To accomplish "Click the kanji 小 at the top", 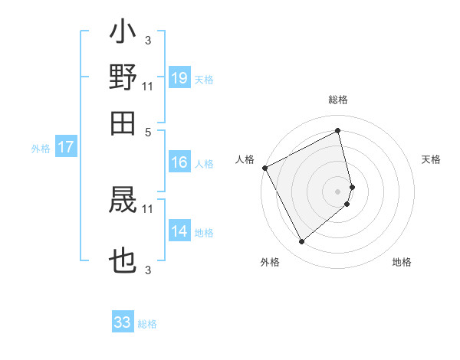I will (x=123, y=34).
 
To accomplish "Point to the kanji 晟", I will (x=123, y=200).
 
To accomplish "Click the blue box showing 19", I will (x=179, y=77).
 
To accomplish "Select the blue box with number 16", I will (x=179, y=162).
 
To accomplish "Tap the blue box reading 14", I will (x=179, y=232).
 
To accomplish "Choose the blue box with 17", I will (x=66, y=147).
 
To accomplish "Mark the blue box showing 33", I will (x=123, y=322).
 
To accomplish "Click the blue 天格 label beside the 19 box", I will (x=204, y=79).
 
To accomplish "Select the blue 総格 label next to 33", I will (x=147, y=324).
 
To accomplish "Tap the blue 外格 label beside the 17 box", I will (x=41, y=149).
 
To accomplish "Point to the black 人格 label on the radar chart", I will (x=245, y=159).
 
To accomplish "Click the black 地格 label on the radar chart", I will (x=402, y=263).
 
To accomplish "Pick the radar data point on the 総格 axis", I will (x=338, y=130).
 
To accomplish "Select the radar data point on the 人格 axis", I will (x=264, y=168).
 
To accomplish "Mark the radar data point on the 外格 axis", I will (x=301, y=242).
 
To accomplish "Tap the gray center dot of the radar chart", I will (x=338, y=191).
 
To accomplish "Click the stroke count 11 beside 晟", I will (x=148, y=208).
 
